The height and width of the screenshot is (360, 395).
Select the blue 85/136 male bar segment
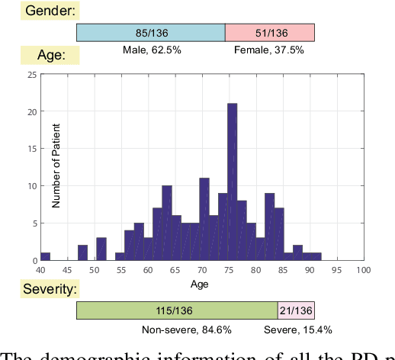pyautogui.click(x=150, y=32)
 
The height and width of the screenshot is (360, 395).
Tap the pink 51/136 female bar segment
pyautogui.click(x=270, y=32)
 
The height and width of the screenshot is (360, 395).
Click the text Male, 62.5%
pyautogui.click(x=151, y=50)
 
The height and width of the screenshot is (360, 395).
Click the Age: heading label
pyautogui.click(x=46, y=55)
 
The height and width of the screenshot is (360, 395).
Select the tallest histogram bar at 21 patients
pyautogui.click(x=232, y=182)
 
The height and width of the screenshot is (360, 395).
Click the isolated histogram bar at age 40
pyautogui.click(x=45, y=256)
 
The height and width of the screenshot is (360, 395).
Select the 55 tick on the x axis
pyautogui.click(x=120, y=270)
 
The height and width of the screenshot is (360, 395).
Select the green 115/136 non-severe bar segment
pyautogui.click(x=176, y=310)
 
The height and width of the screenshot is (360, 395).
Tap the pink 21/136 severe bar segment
pyautogui.click(x=296, y=310)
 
